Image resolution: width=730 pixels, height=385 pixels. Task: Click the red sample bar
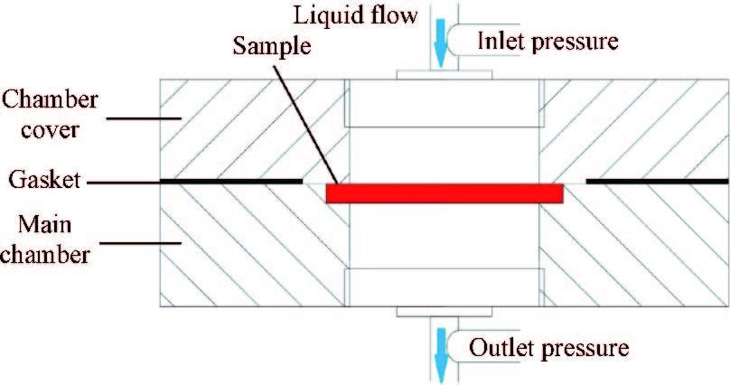(445, 193)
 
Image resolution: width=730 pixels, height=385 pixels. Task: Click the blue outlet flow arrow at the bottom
(440, 352)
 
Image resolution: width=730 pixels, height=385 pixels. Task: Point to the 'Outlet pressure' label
(547, 346)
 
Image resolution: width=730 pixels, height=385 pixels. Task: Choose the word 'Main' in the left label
(27, 221)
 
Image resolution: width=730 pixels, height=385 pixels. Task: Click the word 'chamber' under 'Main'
(44, 254)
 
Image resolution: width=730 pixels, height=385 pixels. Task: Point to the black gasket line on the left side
(230, 181)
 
